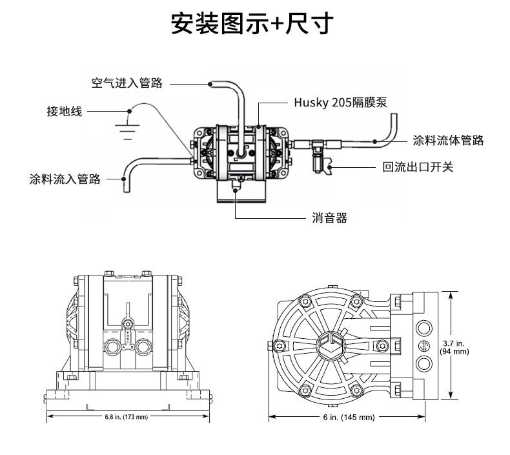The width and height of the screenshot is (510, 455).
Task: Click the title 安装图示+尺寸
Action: point(252,24)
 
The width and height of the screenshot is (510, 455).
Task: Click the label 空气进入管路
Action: point(127,83)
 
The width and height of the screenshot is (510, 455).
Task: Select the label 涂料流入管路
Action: point(65,179)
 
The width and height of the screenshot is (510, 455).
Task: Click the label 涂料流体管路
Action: point(448,140)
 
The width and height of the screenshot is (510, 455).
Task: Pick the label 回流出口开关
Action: point(418,167)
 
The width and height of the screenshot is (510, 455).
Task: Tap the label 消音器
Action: point(329,218)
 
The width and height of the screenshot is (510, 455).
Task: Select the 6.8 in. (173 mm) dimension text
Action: point(127,417)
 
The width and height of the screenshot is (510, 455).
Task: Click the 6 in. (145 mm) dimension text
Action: point(349,418)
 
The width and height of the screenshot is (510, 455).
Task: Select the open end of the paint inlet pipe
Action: point(126,188)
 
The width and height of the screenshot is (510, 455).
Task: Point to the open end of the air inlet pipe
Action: point(211,83)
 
